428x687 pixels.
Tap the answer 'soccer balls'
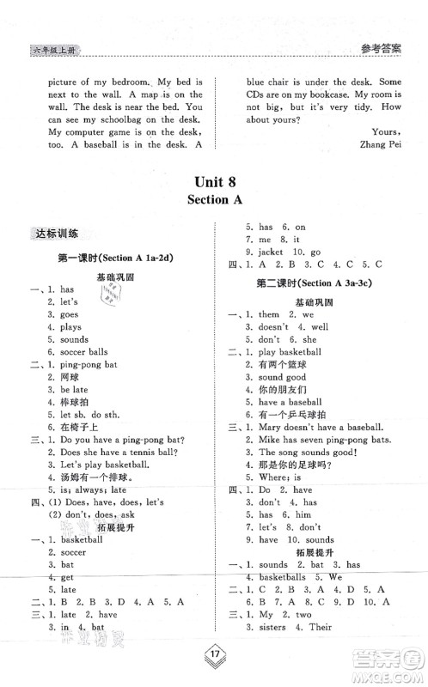pyautogui.click(x=84, y=351)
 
